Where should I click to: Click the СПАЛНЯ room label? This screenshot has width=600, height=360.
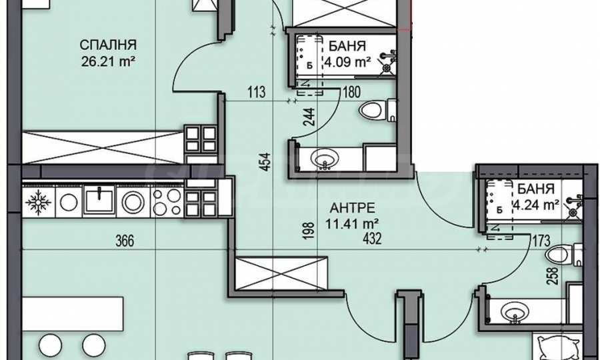[x=108, y=45]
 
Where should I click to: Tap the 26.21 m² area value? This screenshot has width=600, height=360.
[x=109, y=61]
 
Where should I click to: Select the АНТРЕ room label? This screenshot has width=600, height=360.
[x=352, y=208]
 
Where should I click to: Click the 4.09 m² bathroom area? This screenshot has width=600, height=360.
[x=347, y=61]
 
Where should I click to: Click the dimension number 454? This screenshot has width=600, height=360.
[x=266, y=162]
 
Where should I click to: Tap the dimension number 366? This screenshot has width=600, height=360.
[x=125, y=241]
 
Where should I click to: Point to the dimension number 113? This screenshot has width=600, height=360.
[x=256, y=92]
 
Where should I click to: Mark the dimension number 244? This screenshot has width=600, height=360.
[x=309, y=117]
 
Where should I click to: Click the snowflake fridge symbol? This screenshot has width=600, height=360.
[x=38, y=201]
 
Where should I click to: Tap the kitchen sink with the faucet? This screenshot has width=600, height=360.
[x=99, y=199]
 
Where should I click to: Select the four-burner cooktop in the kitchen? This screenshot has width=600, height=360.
[x=167, y=201]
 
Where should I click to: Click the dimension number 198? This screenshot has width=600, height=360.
[x=309, y=230]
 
